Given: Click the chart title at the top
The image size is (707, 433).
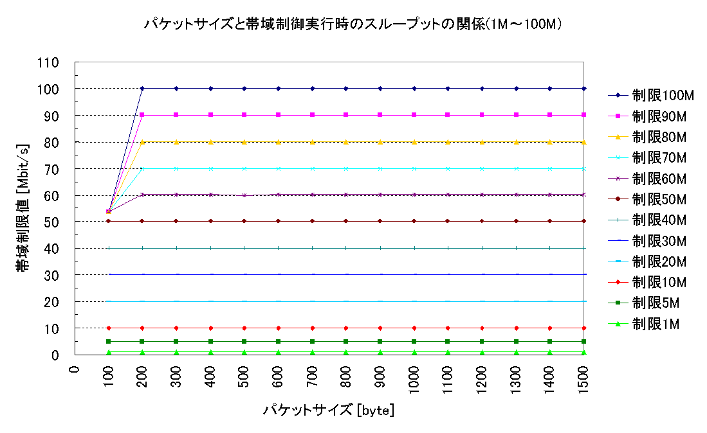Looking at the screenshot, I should [353, 25].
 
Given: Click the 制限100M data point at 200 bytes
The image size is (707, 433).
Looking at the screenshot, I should [142, 88].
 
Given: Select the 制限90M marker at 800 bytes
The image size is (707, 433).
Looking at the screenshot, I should [346, 115].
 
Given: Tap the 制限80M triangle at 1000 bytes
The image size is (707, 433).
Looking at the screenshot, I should [414, 142].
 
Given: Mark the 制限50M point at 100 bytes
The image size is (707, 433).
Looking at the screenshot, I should [108, 221].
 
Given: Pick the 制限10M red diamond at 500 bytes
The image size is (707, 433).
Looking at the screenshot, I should [244, 328].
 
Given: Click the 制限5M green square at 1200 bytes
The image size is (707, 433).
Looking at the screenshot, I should [482, 341].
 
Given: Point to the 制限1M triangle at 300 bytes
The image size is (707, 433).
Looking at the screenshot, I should [176, 352].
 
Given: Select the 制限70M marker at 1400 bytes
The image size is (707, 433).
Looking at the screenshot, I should [549, 168].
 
